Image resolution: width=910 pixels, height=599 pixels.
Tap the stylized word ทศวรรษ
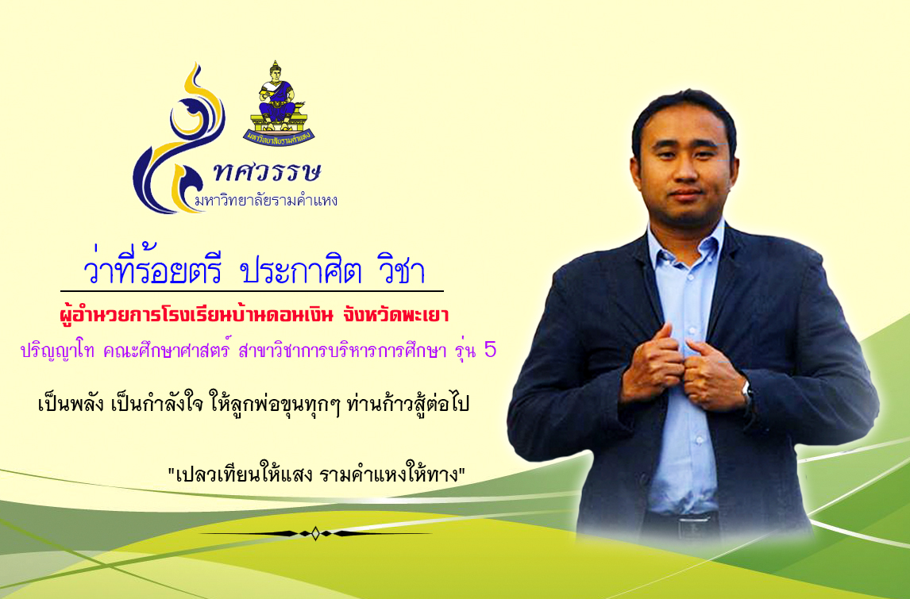coord(267,171)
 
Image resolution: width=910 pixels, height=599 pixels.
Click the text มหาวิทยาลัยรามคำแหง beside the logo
coord(266,202)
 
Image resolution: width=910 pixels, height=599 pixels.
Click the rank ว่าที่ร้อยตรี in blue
coord(153,268)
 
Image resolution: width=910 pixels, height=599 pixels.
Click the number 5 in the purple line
coord(490,349)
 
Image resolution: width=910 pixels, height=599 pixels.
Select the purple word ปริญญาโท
coord(57,351)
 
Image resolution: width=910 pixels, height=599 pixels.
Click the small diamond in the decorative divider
coord(315,533)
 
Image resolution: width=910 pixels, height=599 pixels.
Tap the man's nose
coord(684,171)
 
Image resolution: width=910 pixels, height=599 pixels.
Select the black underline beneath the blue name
coord(252,290)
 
